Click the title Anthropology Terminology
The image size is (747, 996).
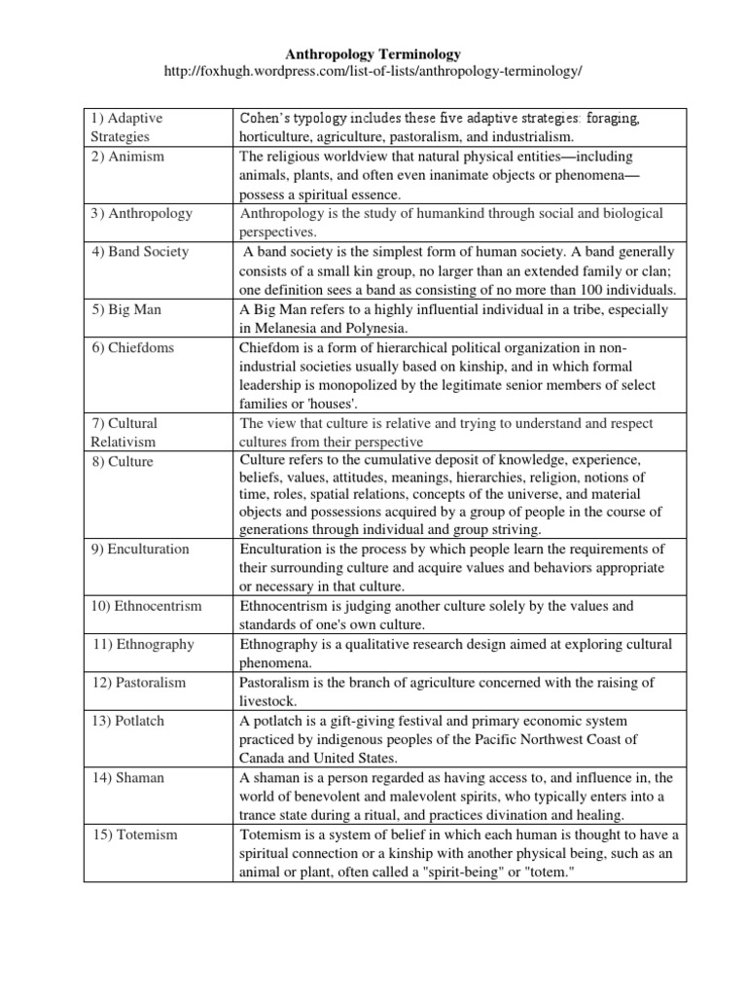(373, 54)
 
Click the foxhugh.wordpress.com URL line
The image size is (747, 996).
(373, 73)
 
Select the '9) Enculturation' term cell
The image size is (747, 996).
(142, 549)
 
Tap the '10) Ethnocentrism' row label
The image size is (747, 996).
(147, 606)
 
